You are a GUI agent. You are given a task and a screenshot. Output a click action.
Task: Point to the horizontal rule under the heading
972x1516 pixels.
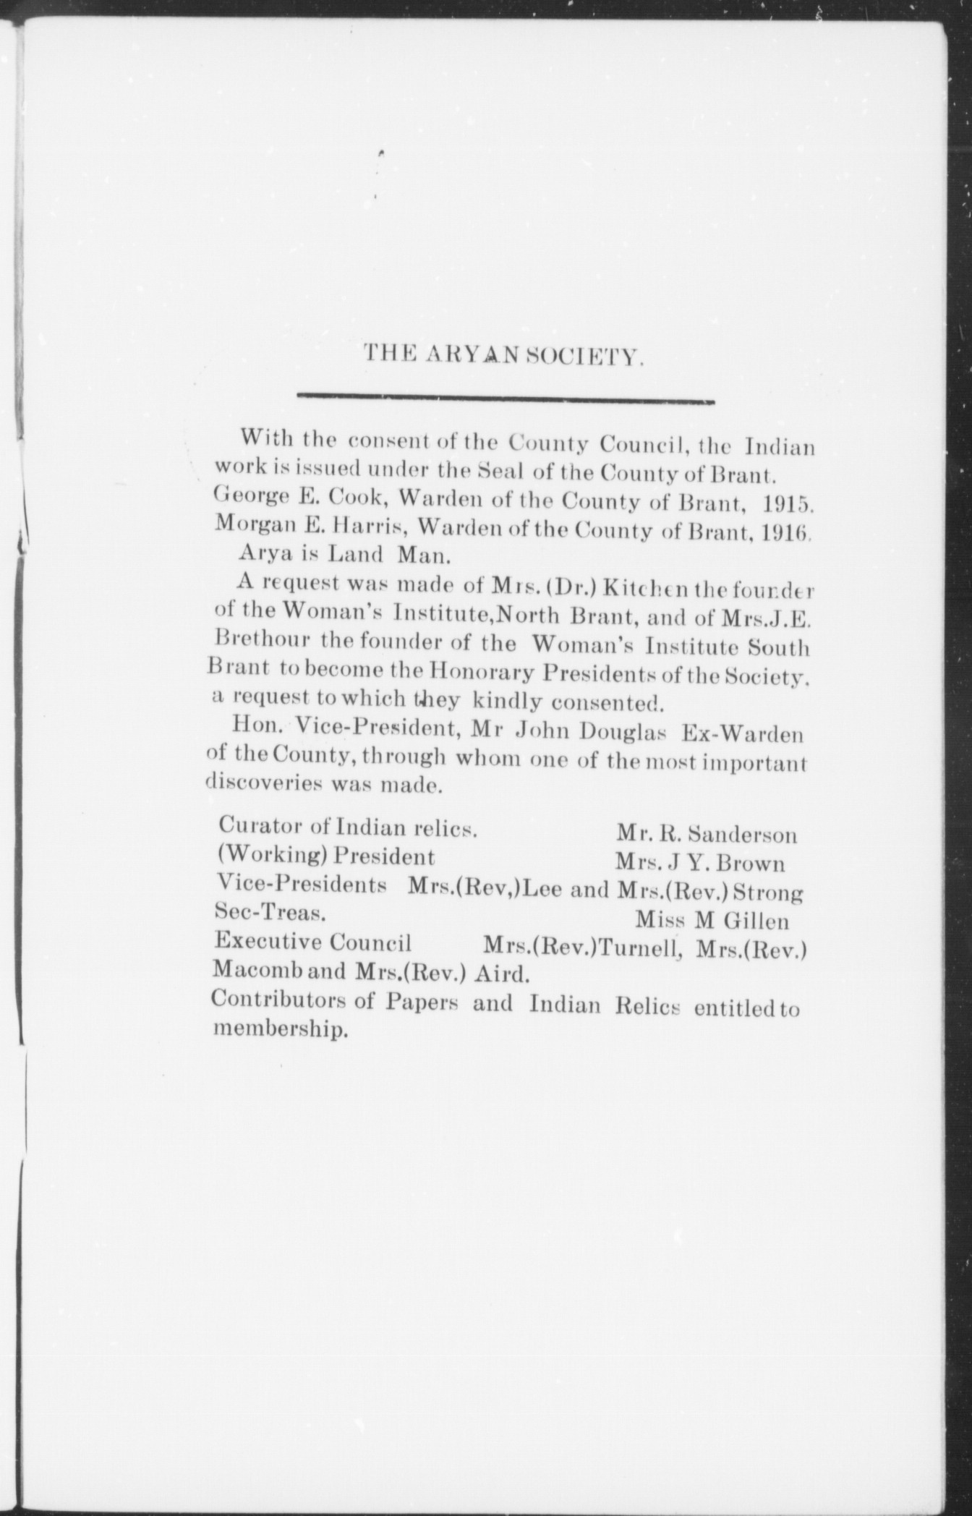tap(506, 397)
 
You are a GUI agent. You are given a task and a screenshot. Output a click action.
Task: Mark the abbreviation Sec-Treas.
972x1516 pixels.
tap(268, 914)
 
